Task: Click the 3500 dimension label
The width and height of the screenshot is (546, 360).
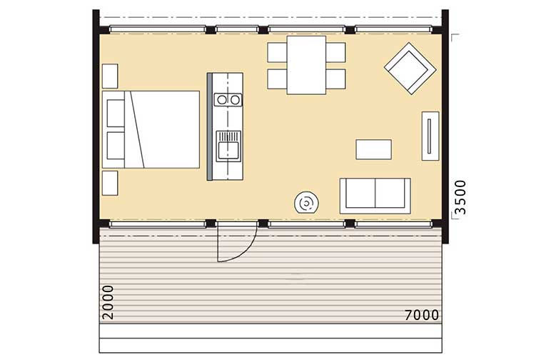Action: pos(460,197)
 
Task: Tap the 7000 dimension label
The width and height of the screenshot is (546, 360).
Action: pos(422,315)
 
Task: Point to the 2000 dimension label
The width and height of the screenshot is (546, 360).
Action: pos(108,302)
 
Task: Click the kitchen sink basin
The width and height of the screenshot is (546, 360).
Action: pos(228,150)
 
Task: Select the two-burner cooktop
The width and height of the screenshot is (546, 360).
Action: pos(228,100)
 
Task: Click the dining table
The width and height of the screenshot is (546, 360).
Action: pos(306,65)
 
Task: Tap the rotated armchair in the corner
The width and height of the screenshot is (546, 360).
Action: pos(410,69)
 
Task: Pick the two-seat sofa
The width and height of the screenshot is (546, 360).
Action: pos(375,196)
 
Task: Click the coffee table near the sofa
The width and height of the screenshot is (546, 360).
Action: pos(373,149)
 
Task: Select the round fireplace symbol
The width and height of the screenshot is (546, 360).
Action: pos(306,203)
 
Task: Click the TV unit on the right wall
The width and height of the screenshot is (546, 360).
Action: pos(430,136)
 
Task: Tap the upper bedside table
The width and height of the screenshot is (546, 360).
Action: pos(110,76)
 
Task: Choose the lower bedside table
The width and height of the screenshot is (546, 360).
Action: pos(110,183)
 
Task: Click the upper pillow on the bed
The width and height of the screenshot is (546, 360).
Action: pos(116,114)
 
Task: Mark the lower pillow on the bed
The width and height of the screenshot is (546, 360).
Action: pos(116,145)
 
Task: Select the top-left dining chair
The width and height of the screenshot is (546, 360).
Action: pos(277,52)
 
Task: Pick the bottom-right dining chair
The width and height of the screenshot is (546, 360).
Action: pos(335,79)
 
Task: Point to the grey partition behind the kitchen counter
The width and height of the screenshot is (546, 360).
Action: pos(210,126)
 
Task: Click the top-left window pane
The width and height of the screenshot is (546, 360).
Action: pos(158,29)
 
